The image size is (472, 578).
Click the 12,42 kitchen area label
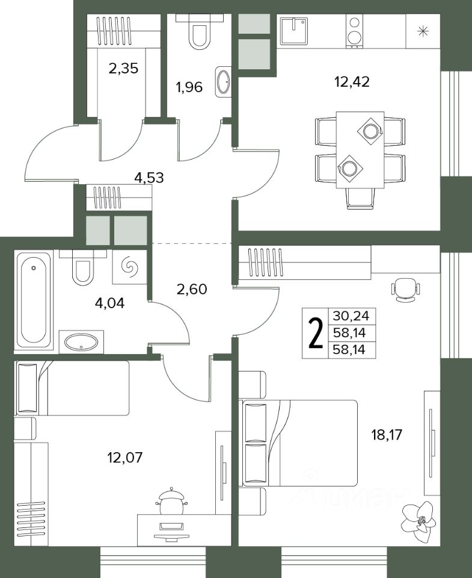pos(352,81)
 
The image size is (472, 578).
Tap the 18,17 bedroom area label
pos(386,435)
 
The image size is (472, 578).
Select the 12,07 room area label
pos(124,458)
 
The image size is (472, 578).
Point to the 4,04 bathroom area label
pos(109,303)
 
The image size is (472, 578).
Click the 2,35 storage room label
pos(123,68)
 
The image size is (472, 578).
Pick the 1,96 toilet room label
pos(189,87)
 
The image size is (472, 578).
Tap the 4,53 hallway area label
pos(149,178)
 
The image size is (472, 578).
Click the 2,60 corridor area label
pos(192,289)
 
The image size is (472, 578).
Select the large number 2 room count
pos(316,334)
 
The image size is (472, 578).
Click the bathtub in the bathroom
pos(34,299)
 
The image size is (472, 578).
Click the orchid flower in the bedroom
pos(419,520)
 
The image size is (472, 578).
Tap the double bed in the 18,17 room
pos(298,443)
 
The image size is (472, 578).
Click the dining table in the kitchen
pos(360,150)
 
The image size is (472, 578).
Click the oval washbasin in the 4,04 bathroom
pos(82,342)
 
